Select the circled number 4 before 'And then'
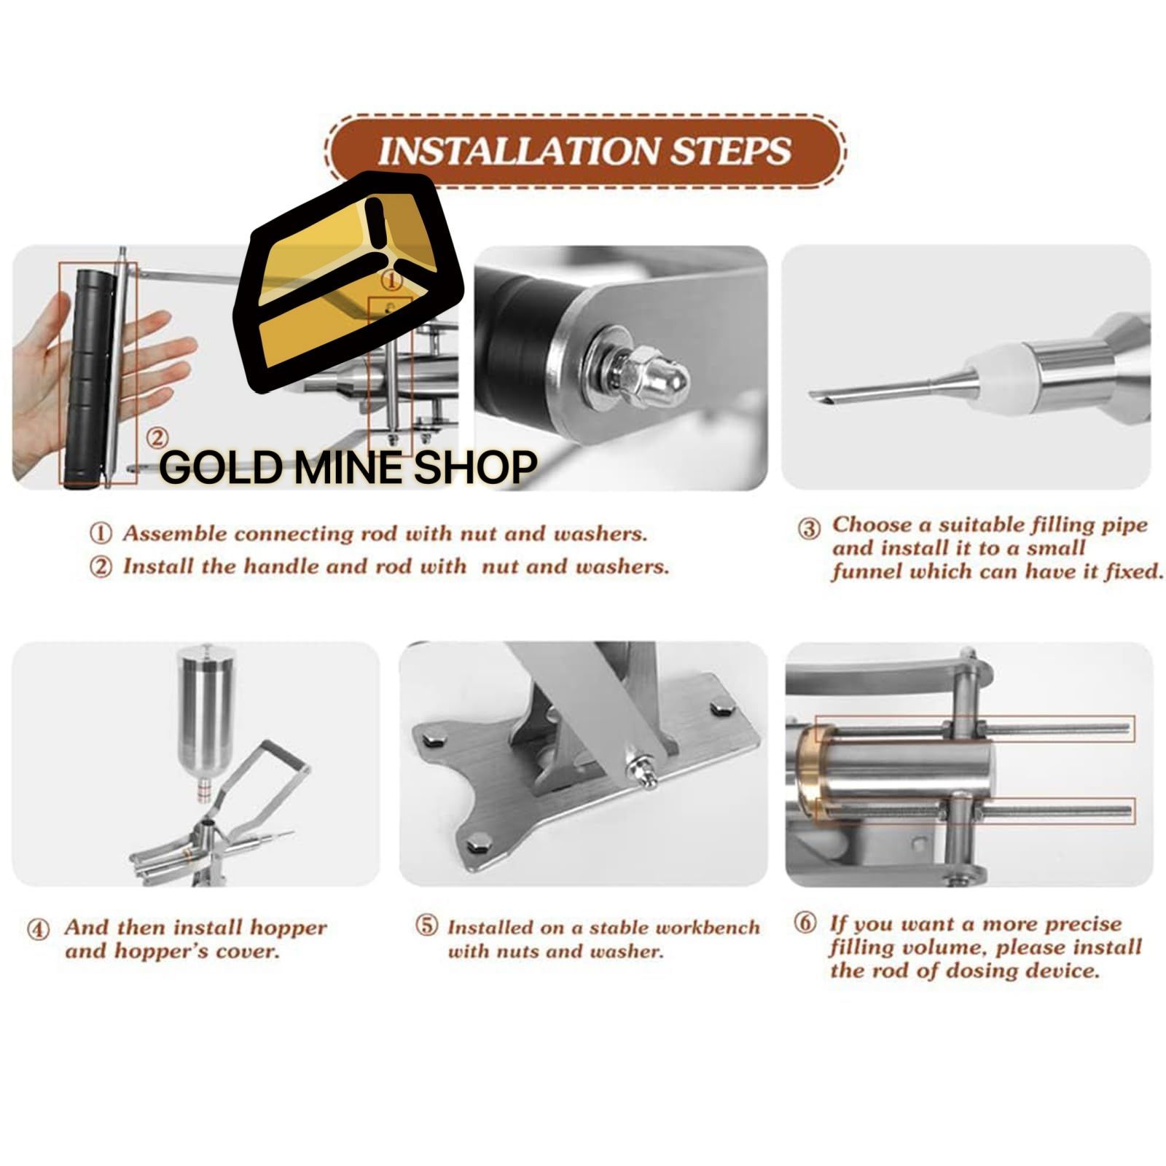(39, 930)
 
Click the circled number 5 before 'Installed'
(426, 927)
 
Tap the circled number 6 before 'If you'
(805, 923)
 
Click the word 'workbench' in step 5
(708, 928)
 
